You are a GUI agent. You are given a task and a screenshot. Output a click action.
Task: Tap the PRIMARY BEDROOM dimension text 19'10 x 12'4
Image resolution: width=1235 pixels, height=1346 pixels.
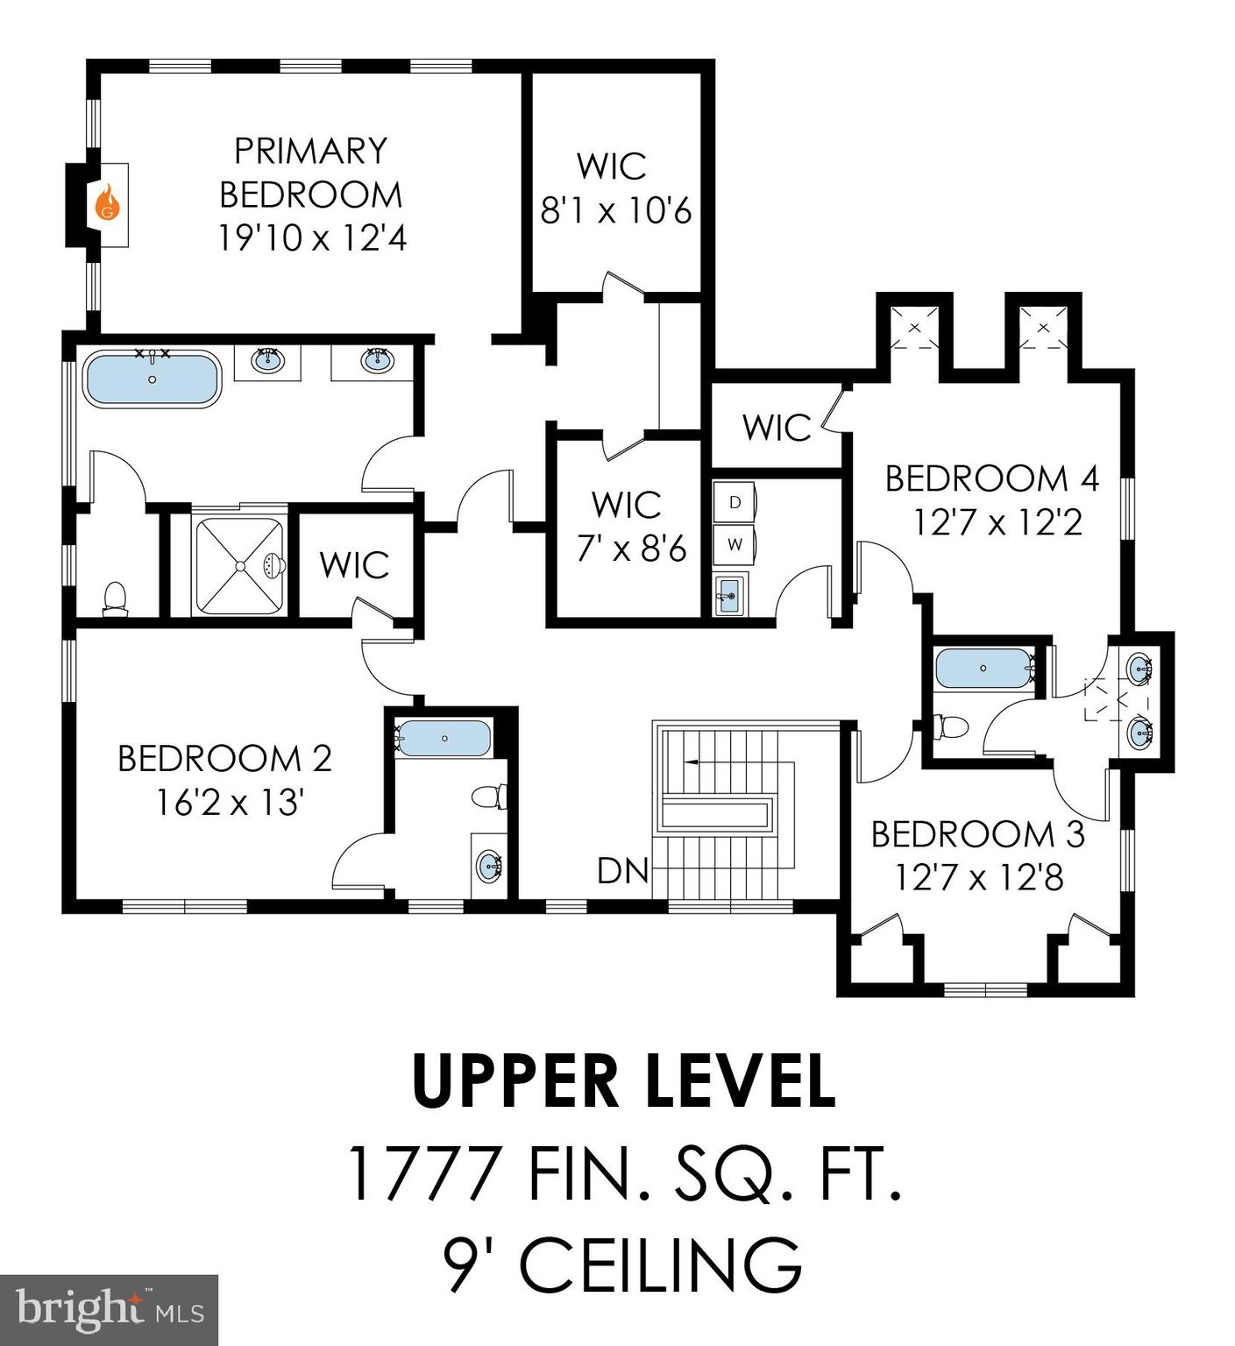[x=312, y=237]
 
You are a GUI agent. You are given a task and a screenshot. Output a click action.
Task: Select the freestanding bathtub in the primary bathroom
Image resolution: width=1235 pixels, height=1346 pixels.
[x=152, y=379]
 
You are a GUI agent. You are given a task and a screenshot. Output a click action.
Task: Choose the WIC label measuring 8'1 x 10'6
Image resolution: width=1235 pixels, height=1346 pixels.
[x=615, y=211]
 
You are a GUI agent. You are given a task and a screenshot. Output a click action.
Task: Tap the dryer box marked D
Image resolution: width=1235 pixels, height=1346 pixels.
[x=735, y=502]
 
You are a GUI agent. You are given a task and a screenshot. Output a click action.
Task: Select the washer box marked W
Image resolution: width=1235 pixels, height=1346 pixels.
[x=735, y=544]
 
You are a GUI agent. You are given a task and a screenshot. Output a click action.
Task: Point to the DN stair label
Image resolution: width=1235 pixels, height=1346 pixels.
[x=622, y=871]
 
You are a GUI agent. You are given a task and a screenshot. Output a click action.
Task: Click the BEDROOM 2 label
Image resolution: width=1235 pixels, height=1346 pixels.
[x=224, y=759]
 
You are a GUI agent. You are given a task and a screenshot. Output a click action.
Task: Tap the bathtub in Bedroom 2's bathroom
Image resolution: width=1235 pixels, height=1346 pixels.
[x=444, y=739]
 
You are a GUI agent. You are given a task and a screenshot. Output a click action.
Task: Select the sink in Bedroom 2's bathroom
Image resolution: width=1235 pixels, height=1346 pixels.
[x=489, y=867]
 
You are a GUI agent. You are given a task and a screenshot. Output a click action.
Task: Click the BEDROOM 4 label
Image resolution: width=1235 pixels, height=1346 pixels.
[x=991, y=478]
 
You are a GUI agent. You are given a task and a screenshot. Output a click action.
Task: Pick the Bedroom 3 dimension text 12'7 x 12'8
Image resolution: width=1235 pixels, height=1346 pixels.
[x=978, y=876]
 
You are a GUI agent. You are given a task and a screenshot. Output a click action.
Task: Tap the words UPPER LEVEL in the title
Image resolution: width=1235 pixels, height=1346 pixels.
[x=623, y=1082]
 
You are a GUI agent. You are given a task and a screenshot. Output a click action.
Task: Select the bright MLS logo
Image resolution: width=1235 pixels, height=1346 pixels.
[x=109, y=1309]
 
